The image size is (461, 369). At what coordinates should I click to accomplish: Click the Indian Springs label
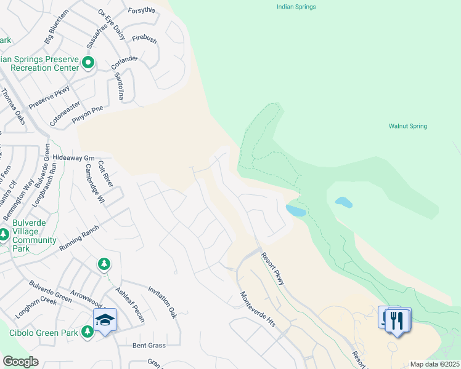295,7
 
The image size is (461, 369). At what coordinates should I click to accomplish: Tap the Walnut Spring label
407,126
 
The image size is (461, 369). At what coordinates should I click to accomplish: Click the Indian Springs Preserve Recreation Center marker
88,61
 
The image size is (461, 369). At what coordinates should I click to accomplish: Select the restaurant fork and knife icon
398,320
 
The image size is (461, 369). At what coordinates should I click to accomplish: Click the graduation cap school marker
105,319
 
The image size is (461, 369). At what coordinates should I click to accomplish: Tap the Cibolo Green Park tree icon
88,331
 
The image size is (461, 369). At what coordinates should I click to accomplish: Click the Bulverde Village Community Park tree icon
4,234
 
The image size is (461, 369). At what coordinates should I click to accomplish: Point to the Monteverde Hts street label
257,309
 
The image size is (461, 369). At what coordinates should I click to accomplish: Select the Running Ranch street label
79,239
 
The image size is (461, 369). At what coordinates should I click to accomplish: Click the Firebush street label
144,38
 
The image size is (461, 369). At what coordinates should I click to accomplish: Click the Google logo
20,361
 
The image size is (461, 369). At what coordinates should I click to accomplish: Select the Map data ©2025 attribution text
435,364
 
